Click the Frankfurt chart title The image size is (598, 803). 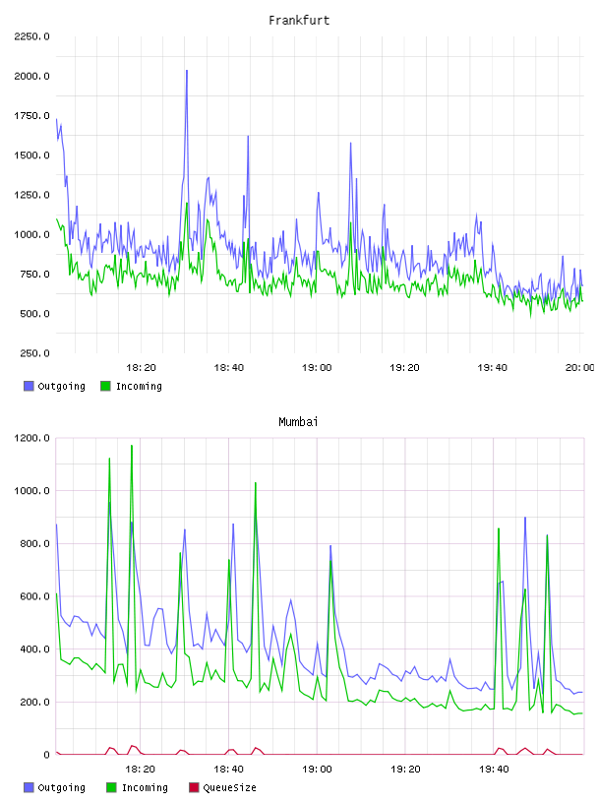(x=299, y=21)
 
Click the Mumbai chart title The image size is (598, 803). (x=298, y=422)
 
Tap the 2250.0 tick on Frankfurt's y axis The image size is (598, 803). (x=31, y=36)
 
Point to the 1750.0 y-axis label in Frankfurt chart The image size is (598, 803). (x=31, y=116)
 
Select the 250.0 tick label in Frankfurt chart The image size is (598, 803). (x=34, y=353)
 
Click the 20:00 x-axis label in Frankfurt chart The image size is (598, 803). (x=580, y=368)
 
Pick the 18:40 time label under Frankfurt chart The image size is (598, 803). (x=229, y=368)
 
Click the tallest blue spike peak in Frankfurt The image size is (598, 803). (x=187, y=71)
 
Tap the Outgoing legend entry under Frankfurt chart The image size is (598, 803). (x=54, y=386)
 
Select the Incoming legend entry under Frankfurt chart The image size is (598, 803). (x=131, y=386)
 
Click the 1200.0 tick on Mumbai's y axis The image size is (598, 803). (x=31, y=438)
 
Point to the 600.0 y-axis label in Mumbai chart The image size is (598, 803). (x=34, y=596)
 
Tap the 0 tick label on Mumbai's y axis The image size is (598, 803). (x=46, y=755)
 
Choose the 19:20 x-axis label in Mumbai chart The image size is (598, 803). (x=405, y=770)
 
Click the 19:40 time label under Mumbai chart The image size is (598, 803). (x=494, y=770)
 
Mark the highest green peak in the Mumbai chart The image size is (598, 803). (x=132, y=446)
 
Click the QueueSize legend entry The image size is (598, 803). (x=222, y=787)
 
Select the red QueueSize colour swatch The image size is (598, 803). (x=194, y=787)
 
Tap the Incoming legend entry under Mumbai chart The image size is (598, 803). (x=137, y=787)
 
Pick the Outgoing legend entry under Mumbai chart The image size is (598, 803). (x=54, y=787)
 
